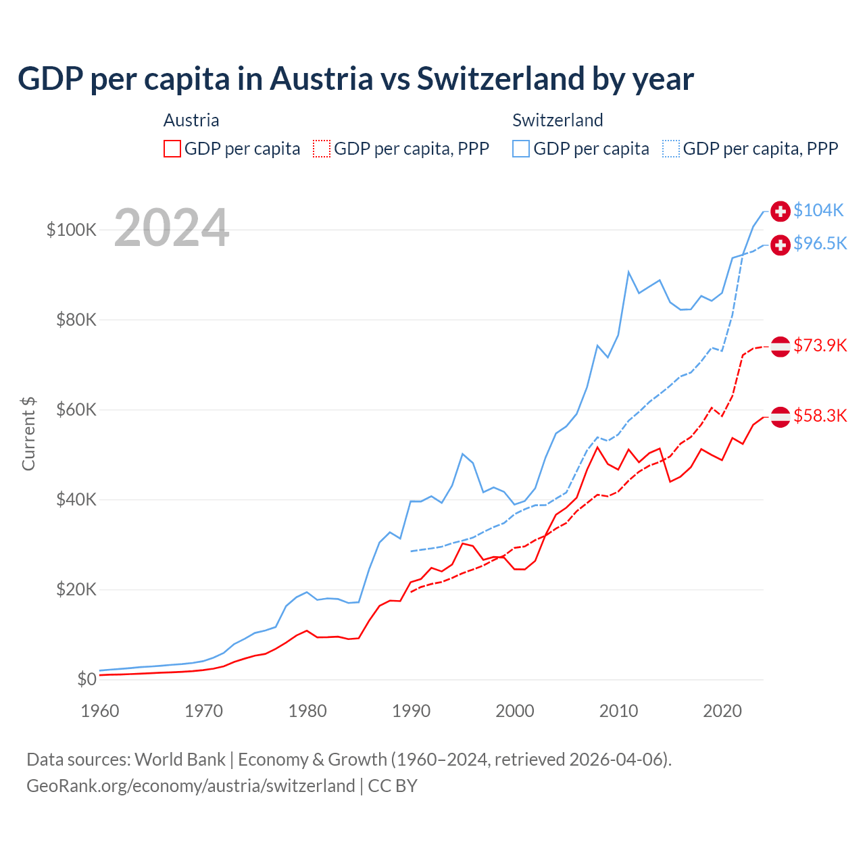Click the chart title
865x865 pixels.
(355, 79)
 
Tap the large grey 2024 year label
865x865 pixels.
(172, 228)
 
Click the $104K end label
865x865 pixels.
(818, 210)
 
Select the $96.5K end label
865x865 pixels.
(820, 243)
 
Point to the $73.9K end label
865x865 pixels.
(820, 345)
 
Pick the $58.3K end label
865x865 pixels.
(820, 416)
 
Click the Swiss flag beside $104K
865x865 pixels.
(781, 211)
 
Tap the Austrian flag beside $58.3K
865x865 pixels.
(781, 417)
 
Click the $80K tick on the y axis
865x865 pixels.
(76, 320)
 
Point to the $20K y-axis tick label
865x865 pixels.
(76, 589)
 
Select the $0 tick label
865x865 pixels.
(86, 679)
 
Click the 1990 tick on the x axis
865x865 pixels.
(411, 711)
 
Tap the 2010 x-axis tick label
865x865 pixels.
(618, 711)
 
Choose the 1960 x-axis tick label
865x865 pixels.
(100, 711)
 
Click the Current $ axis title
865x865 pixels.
(28, 433)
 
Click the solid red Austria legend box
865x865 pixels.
(172, 149)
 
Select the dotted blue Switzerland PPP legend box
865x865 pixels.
(671, 149)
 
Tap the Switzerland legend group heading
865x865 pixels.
(558, 120)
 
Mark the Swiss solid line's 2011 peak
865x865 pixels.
(628, 272)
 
